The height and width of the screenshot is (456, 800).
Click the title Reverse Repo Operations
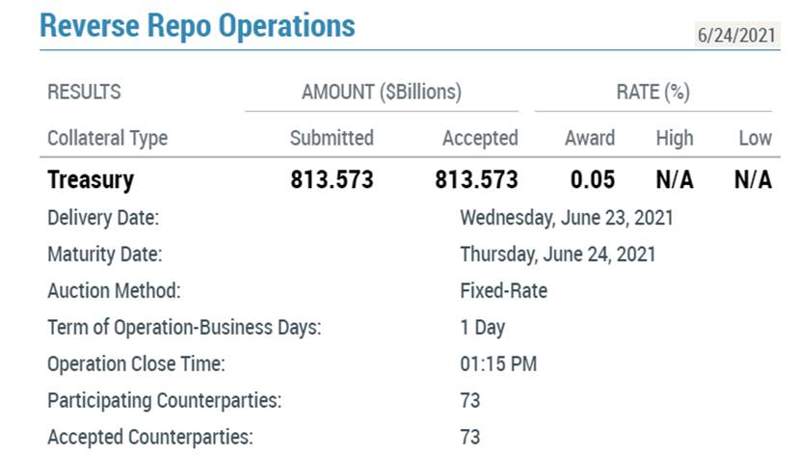[198, 25]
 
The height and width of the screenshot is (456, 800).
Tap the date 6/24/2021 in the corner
[736, 36]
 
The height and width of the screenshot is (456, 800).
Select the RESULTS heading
[84, 92]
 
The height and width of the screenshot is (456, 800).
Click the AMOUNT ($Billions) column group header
[382, 92]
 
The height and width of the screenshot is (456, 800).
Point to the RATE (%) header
[653, 92]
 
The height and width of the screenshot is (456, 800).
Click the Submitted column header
[332, 138]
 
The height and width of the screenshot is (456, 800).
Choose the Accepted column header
[480, 138]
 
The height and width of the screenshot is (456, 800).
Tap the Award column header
[590, 138]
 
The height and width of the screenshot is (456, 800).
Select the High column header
[675, 138]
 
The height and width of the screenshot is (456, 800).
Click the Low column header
[755, 138]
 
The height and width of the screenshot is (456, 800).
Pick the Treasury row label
[91, 180]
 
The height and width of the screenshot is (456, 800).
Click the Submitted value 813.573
[333, 179]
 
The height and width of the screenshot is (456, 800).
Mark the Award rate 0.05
[593, 179]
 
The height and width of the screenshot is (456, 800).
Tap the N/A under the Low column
[753, 179]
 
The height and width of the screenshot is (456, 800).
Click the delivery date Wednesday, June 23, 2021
[567, 218]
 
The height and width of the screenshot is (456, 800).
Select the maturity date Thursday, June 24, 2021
[558, 255]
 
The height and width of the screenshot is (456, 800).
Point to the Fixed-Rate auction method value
[503, 291]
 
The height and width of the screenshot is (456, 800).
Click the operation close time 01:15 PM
[498, 363]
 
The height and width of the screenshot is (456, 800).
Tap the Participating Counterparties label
[164, 401]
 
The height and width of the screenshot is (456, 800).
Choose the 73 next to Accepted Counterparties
[470, 437]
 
